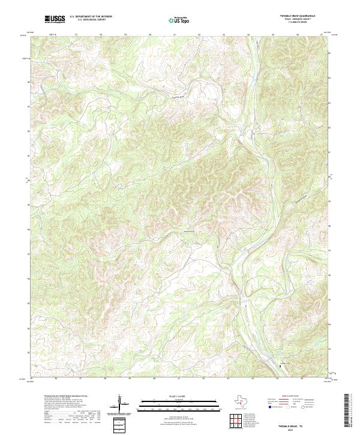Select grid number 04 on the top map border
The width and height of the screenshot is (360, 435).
[248, 35]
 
